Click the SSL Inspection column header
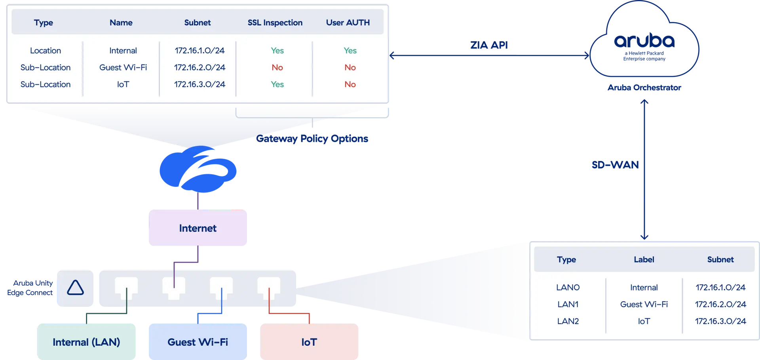[275, 23]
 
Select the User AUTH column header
[348, 23]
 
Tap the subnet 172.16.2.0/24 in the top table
[199, 68]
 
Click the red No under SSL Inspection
[277, 68]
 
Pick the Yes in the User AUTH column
[350, 51]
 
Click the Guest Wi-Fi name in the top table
[123, 68]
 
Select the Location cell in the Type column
[46, 51]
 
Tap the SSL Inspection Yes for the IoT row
[277, 84]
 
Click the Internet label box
[198, 228]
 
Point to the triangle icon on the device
[75, 288]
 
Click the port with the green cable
[126, 286]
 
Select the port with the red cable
[269, 286]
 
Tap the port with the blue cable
[221, 286]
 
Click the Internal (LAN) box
[86, 342]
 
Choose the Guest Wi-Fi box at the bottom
[198, 342]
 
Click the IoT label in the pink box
[309, 342]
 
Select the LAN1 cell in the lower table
[568, 304]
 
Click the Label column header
[644, 260]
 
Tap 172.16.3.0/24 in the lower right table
[720, 321]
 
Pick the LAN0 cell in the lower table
[568, 288]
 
